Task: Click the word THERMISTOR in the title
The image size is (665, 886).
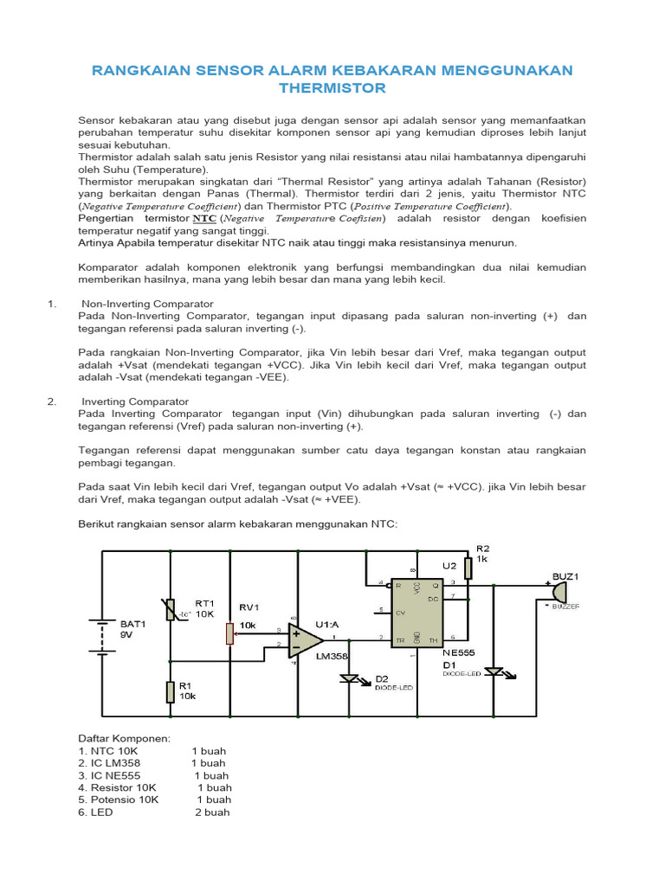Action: pos(332,88)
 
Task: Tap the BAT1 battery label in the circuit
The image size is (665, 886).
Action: pos(132,623)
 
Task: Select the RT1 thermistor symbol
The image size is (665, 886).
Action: pos(171,612)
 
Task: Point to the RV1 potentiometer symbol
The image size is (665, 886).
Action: pos(230,633)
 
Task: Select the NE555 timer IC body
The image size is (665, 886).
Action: pos(416,611)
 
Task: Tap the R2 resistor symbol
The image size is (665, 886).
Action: pos(468,568)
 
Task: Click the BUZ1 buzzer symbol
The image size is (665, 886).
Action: pos(558,593)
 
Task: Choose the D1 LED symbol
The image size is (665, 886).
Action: pos(494,671)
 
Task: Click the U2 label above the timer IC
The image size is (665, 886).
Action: pos(449,565)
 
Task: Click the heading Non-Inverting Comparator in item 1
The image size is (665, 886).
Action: pos(147,305)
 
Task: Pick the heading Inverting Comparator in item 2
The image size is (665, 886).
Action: pos(135,401)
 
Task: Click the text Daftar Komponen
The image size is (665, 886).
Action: pos(125,738)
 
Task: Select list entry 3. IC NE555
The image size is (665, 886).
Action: pos(109,776)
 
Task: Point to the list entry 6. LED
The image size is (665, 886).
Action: pos(96,812)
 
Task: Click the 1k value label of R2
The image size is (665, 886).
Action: pos(483,560)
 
